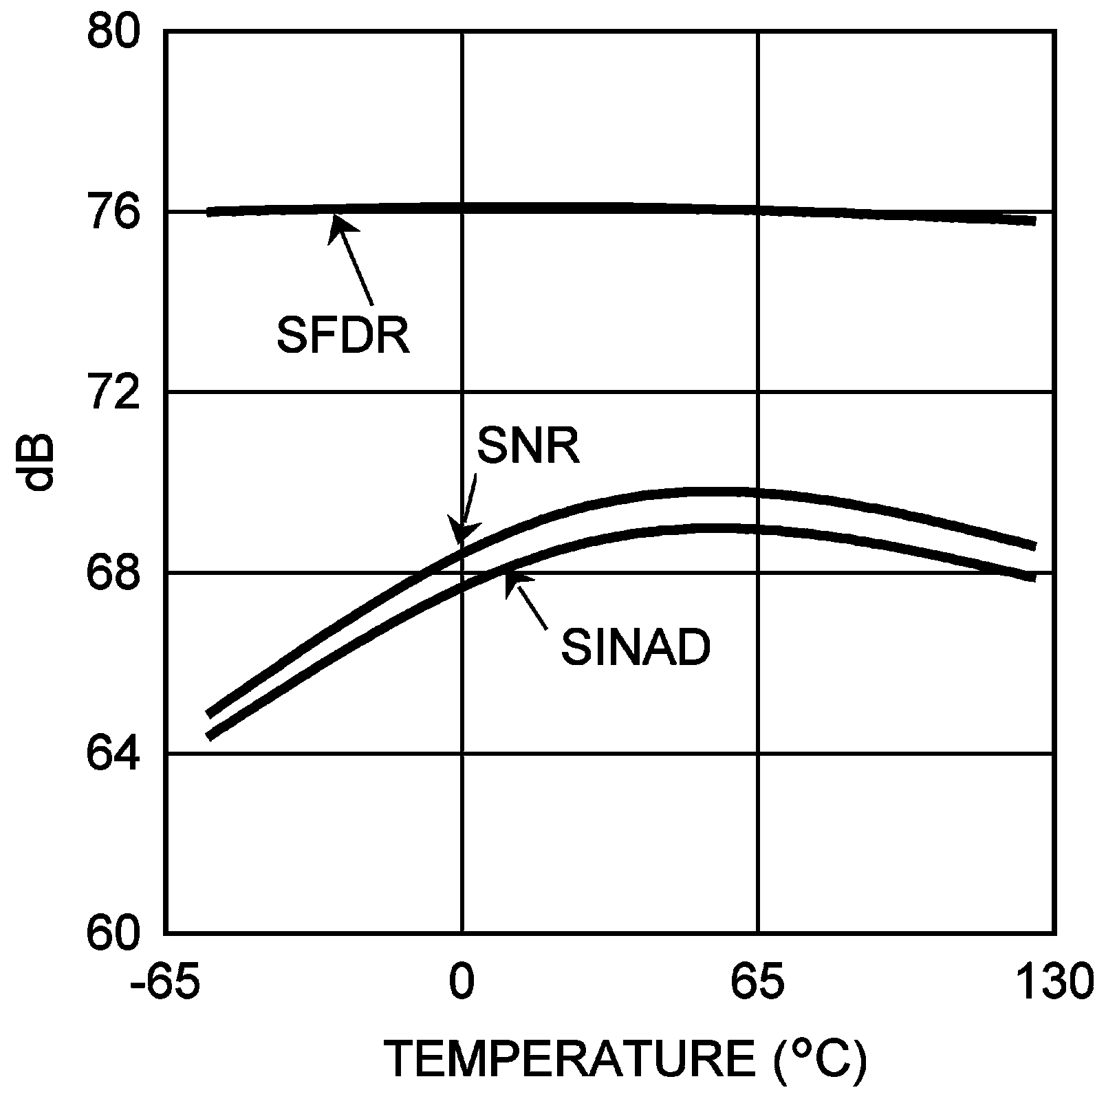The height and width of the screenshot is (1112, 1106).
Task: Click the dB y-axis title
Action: pos(40,462)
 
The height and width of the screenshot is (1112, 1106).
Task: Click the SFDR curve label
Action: pos(343,335)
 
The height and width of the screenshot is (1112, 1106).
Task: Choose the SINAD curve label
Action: pos(635,648)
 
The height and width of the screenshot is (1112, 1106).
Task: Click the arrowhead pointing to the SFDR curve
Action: pos(336,224)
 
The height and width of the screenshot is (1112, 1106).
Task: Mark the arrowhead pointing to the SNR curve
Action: pos(459,537)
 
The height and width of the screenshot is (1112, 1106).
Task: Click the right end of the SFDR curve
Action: pos(1034,220)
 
